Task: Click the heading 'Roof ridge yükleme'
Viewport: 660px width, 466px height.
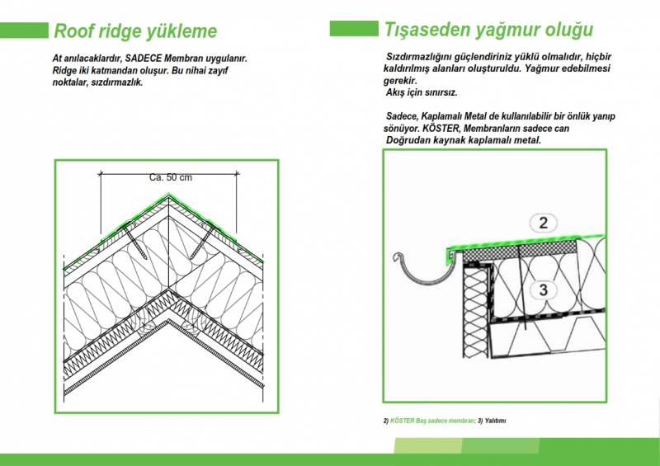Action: [135, 32]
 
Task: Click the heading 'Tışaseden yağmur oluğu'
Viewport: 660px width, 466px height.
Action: [488, 31]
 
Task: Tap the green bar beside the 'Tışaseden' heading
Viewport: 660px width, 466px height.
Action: [353, 29]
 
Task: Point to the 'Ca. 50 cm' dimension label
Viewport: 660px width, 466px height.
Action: [171, 178]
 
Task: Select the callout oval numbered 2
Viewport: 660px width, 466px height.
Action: [543, 223]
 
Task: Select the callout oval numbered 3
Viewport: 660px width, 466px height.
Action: [543, 289]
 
